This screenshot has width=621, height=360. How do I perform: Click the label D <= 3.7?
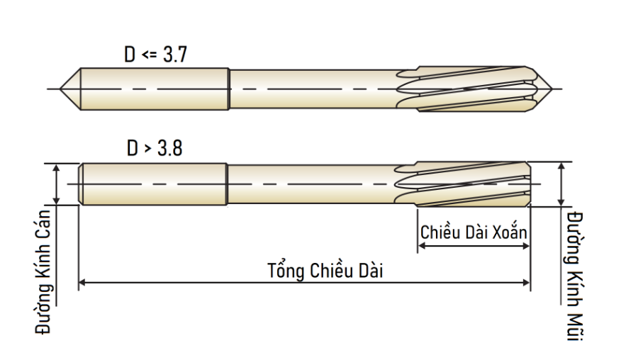(155, 55)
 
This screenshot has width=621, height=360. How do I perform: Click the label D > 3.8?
(155, 148)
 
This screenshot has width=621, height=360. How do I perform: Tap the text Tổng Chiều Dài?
(325, 271)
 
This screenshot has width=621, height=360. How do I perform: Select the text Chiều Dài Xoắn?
(474, 232)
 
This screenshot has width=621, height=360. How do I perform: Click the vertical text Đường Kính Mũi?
(575, 276)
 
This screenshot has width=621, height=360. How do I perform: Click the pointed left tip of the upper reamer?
(60, 89)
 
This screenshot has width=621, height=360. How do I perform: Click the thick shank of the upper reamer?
(155, 89)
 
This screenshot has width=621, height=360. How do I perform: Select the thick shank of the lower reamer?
(153, 184)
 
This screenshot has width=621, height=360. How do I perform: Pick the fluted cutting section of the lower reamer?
(463, 184)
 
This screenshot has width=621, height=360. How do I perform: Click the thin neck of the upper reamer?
(313, 89)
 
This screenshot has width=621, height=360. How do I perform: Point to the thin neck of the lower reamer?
(311, 184)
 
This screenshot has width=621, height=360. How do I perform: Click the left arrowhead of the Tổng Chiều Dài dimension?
(82, 282)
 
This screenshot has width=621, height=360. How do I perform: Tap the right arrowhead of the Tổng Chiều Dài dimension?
(527, 282)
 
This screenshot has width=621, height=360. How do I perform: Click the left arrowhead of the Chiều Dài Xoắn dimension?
(421, 246)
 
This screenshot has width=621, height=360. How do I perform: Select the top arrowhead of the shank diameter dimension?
(56, 168)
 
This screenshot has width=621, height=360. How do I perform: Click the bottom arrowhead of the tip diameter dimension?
(561, 202)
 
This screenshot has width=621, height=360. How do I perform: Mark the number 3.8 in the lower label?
(170, 148)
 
